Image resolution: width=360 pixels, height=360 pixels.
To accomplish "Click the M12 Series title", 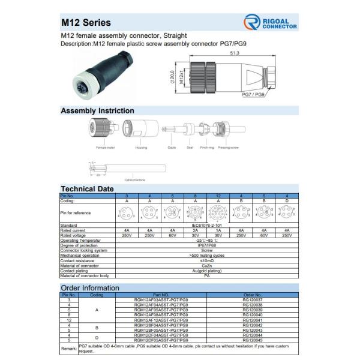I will tap(86, 23).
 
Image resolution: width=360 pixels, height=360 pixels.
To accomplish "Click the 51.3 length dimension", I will tap(234, 53).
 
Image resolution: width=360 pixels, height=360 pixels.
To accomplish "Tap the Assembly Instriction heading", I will tap(98, 111).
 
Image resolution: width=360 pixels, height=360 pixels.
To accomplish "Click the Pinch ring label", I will tap(207, 147).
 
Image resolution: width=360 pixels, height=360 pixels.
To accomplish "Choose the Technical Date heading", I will tap(88, 188).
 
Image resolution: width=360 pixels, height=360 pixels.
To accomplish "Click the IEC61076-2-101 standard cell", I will tap(206, 225).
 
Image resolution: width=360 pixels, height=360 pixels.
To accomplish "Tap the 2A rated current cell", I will tap(194, 230).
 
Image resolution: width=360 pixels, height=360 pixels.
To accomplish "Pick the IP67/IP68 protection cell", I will tap(206, 245).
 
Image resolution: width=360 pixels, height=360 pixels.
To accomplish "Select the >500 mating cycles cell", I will tap(206, 256).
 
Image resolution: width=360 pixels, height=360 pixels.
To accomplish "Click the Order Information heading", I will tap(90, 288).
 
